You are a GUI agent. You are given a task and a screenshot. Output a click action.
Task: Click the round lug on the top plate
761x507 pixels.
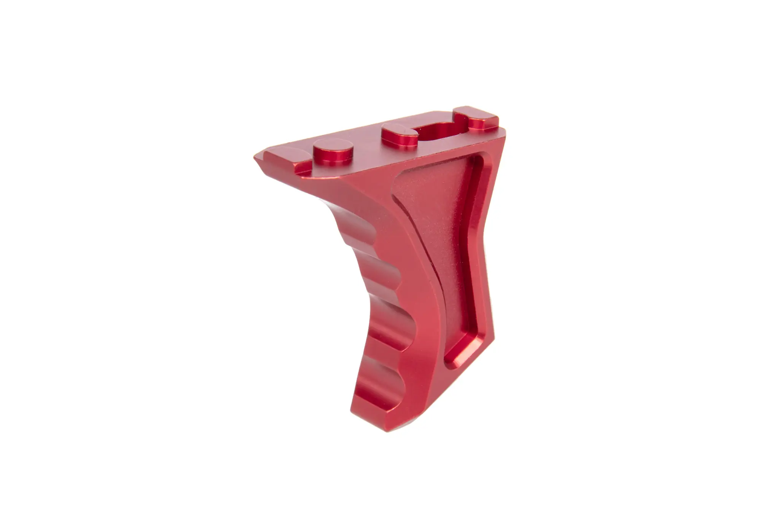(x=333, y=152)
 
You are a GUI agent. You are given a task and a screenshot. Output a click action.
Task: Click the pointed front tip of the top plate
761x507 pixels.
(x=256, y=158)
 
